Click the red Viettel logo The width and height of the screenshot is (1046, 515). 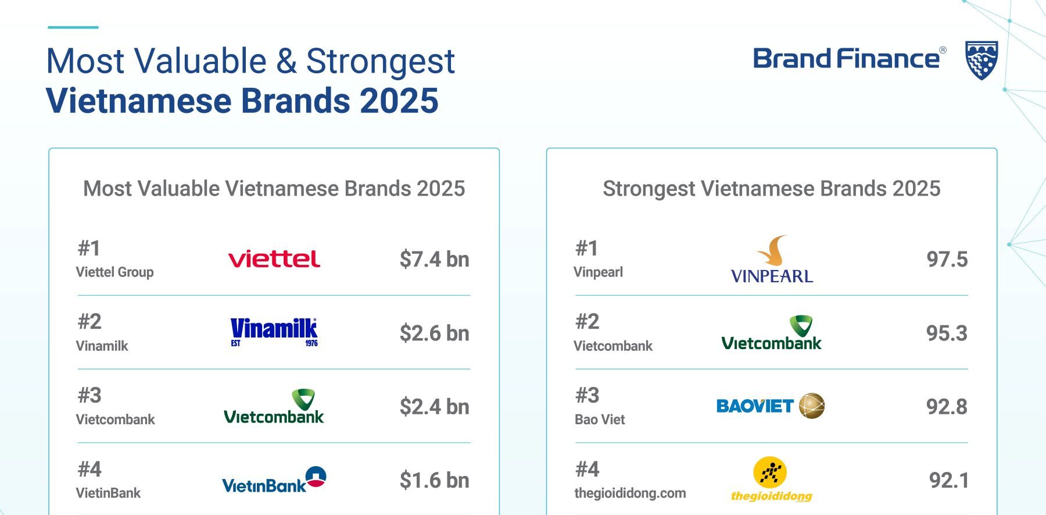tap(274, 259)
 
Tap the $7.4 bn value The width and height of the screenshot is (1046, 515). tap(434, 260)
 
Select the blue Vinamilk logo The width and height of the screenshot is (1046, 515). tap(274, 332)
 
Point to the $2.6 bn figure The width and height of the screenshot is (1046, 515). tap(434, 333)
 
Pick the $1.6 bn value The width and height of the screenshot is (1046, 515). tap(434, 481)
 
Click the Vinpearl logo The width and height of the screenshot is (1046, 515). tap(772, 260)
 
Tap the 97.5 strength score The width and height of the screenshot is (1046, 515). tap(947, 260)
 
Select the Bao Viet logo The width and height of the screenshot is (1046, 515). tap(771, 406)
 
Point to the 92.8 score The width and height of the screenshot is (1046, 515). tap(947, 407)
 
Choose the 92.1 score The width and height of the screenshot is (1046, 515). tap(949, 481)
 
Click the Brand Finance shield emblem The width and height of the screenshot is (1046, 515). tap(981, 60)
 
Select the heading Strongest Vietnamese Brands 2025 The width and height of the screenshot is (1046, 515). tap(771, 189)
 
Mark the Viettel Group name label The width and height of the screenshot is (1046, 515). tap(114, 272)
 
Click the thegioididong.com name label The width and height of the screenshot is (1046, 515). tap(630, 493)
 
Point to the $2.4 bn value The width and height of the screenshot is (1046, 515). tap(434, 407)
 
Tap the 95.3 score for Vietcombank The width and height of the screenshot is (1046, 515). tap(947, 333)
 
